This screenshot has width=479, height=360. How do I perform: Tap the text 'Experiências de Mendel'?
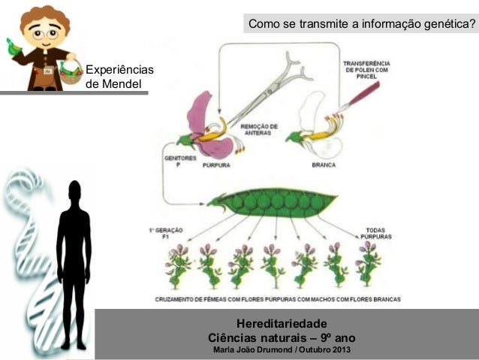(x=119, y=77)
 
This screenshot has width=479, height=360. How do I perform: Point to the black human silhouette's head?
(x=74, y=192)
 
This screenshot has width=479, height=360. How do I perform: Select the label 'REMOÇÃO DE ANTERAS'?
(x=259, y=129)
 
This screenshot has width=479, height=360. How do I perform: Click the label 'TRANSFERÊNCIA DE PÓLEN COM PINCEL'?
(x=366, y=69)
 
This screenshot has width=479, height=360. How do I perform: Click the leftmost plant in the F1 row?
(x=178, y=266)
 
